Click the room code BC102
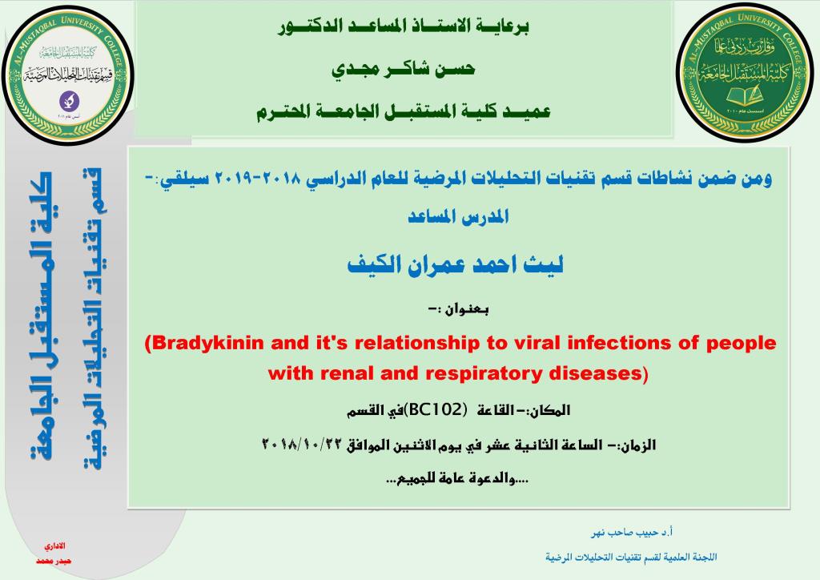point(435,411)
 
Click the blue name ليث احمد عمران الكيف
point(456,264)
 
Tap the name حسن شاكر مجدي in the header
point(403,69)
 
